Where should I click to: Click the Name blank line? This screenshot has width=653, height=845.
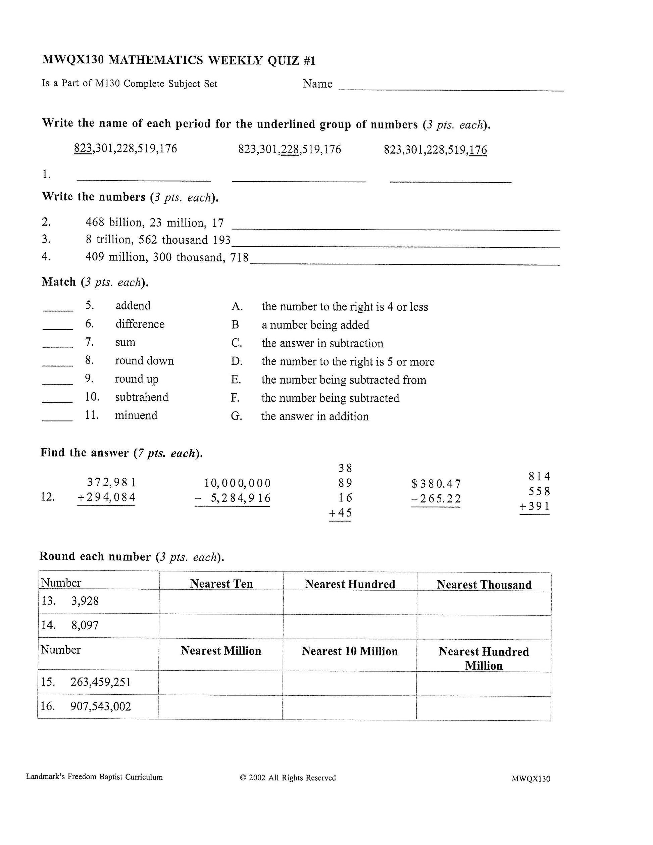point(451,89)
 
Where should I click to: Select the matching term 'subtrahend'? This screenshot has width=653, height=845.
point(142,397)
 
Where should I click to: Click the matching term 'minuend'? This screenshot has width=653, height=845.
point(136,415)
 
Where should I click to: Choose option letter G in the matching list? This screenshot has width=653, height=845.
point(236,416)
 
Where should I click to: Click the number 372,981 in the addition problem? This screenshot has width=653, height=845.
point(111,482)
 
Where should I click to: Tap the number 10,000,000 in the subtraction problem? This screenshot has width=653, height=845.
point(238,483)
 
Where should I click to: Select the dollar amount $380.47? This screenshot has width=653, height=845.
point(436,484)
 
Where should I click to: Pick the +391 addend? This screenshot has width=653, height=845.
point(535,506)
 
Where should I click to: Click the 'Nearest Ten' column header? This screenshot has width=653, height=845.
point(221,584)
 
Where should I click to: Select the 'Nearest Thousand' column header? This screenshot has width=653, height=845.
point(484,584)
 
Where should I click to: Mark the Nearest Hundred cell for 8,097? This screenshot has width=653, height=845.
point(350,627)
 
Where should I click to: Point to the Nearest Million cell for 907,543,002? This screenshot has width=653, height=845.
point(220,707)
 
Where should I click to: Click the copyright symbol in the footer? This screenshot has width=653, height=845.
point(243,778)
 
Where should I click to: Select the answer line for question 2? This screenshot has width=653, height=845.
point(395,228)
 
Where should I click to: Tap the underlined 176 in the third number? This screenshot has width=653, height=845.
point(478,150)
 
